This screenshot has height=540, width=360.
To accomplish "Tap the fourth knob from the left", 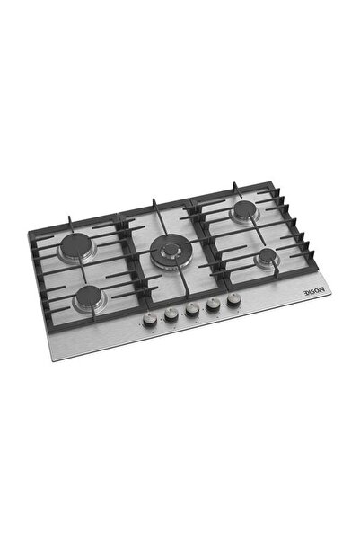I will pos(213,307).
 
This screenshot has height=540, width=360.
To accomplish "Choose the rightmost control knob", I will pos(234,304).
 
